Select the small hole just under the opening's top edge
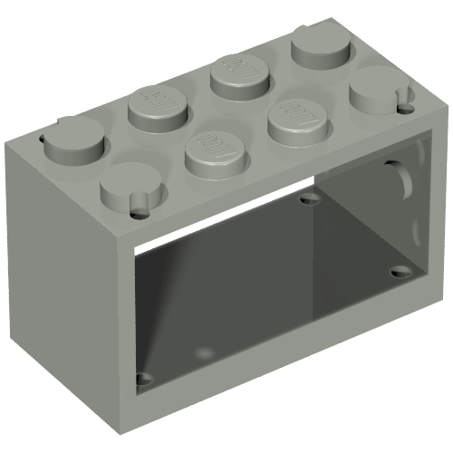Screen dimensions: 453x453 tap(311, 199)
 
